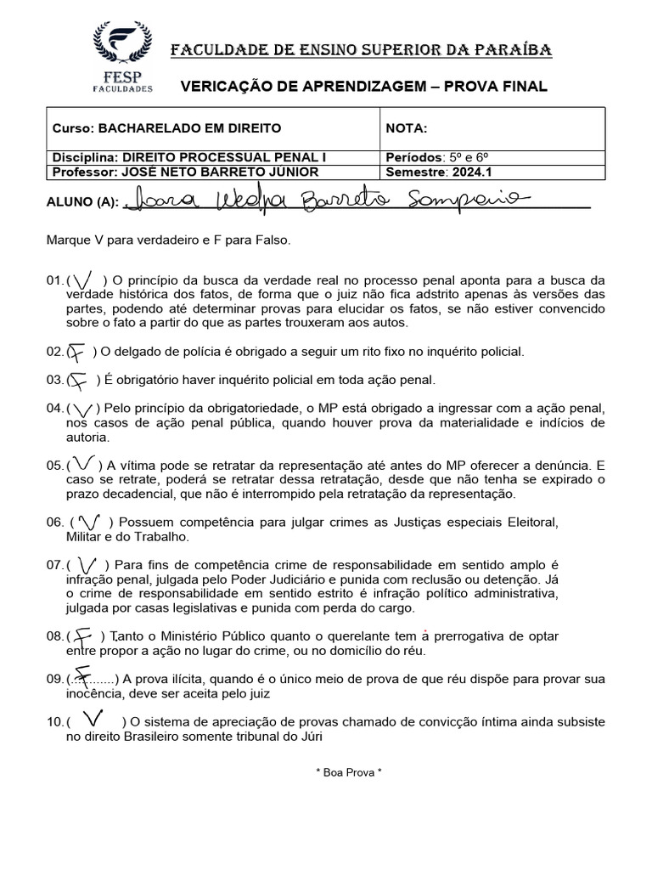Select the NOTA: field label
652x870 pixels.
click(407, 128)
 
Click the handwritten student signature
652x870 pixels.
click(323, 201)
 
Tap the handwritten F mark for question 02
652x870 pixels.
click(78, 352)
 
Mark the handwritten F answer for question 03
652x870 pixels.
click(78, 381)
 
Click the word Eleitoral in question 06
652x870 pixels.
click(532, 521)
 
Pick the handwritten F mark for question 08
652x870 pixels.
click(82, 636)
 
